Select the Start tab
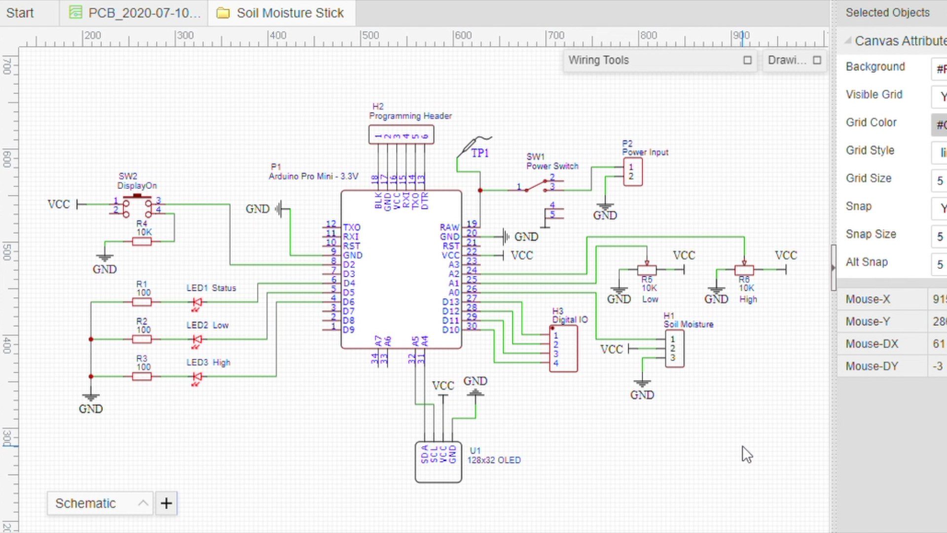click(20, 13)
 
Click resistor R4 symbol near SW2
click(142, 241)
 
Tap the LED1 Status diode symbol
click(197, 302)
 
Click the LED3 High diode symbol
click(197, 377)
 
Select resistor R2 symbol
click(142, 339)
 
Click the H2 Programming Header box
click(401, 135)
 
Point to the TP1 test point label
click(479, 153)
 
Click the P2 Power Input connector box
click(632, 172)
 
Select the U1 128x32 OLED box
click(438, 462)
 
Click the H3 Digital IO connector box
click(563, 348)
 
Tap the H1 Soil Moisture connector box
click(674, 349)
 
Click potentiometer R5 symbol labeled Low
click(647, 269)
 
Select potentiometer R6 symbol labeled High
click(744, 269)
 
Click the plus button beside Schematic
click(166, 503)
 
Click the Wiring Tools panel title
click(598, 60)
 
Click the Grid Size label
click(868, 178)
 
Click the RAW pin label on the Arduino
click(449, 227)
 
